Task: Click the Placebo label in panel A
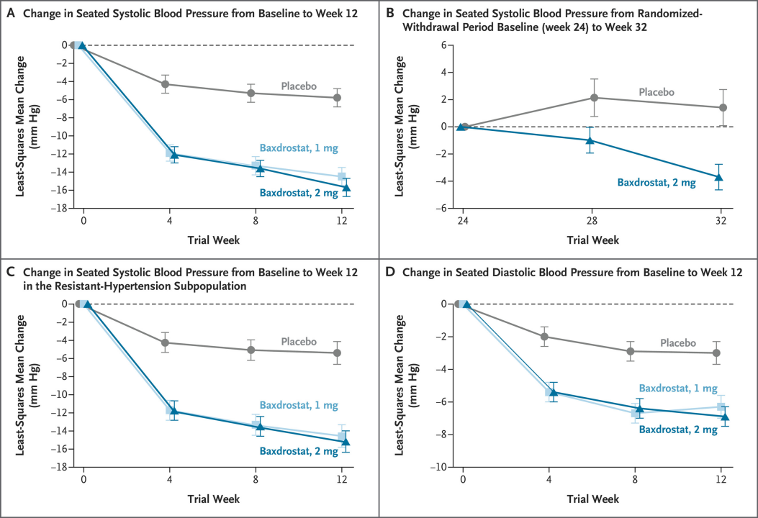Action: tap(299, 86)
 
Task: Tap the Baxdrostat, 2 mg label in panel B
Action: tap(657, 183)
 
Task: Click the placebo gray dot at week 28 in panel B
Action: tap(594, 98)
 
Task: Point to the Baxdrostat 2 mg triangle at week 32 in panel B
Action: tap(718, 177)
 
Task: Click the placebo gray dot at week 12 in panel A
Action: tap(338, 98)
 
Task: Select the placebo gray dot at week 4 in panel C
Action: tap(166, 342)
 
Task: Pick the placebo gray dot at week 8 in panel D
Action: tap(631, 351)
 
